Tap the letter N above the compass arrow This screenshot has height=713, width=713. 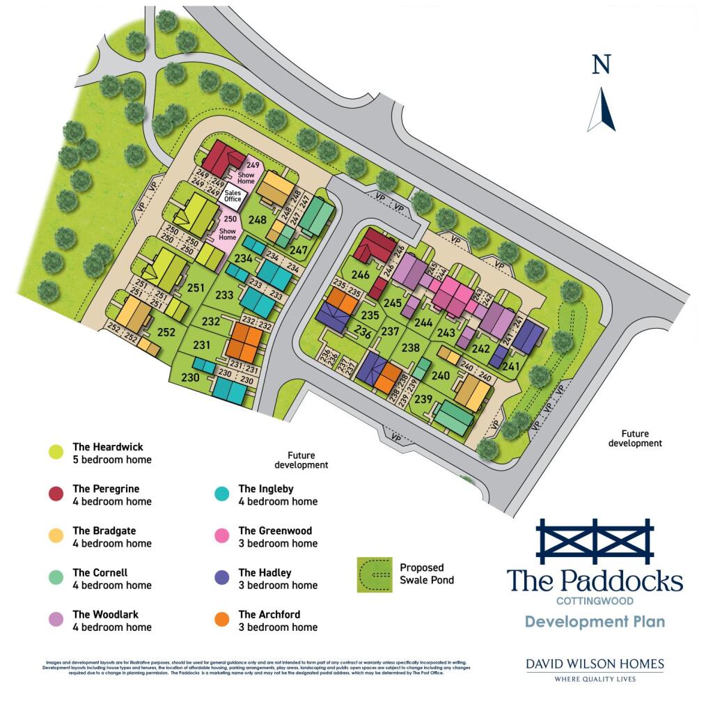[x=601, y=65]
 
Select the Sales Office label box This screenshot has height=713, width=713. [x=232, y=196]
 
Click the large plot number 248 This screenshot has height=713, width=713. [x=258, y=220]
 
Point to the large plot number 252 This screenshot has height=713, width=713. [x=166, y=333]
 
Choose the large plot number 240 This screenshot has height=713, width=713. [x=441, y=375]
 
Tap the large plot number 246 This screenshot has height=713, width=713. [x=361, y=274]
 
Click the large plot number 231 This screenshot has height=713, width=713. [x=202, y=345]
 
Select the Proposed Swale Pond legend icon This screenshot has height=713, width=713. [x=374, y=574]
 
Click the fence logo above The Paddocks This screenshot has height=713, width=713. [x=595, y=541]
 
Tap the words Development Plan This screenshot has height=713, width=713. [x=595, y=621]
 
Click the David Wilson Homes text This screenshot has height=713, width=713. [x=595, y=664]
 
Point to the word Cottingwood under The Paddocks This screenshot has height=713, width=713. [x=595, y=600]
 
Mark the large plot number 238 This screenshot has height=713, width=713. [x=412, y=347]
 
